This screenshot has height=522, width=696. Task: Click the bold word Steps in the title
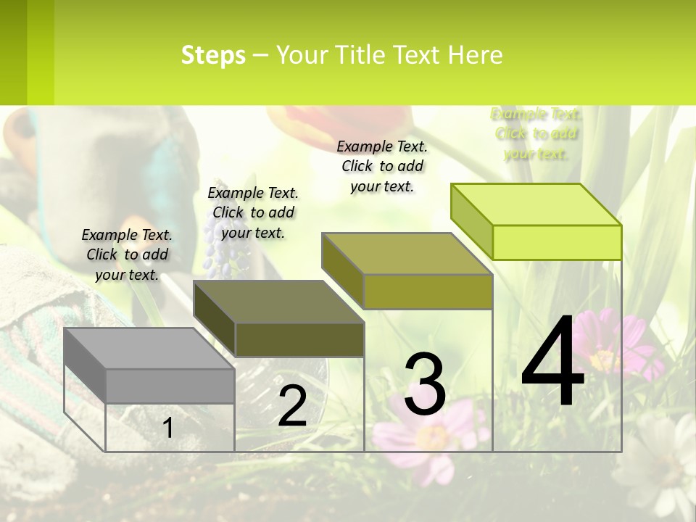pos(213,55)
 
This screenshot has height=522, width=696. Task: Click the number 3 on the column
pos(425,384)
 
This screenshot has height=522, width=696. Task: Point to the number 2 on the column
pos(292,406)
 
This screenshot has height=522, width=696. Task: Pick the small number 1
pos(168,428)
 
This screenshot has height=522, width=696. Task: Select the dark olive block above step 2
pos(278,319)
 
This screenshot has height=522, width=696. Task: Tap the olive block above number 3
pos(407,271)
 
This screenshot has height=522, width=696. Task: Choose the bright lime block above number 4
pos(536,222)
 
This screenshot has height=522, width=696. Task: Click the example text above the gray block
pos(127,254)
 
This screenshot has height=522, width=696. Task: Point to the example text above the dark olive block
pos(253,212)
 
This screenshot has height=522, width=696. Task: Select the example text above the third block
pos(382,166)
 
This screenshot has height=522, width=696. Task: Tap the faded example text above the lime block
pos(536,133)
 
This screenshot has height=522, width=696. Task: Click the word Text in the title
pos(418,55)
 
